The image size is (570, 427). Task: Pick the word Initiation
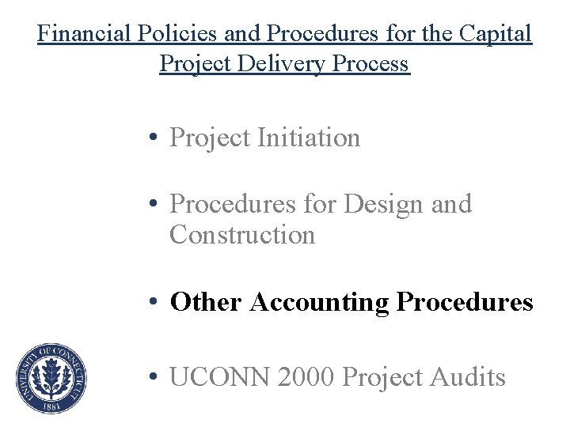click(309, 138)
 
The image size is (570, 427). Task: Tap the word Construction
click(242, 235)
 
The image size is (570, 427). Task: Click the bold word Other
click(206, 301)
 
